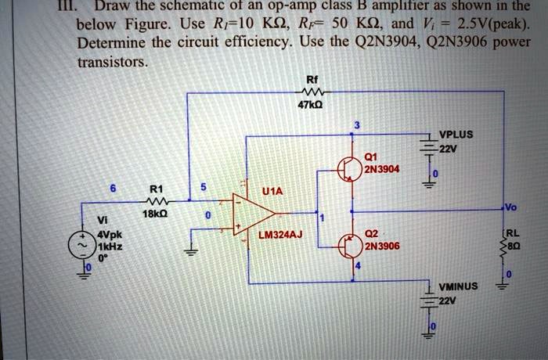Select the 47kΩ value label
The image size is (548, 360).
(x=312, y=103)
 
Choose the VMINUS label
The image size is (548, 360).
(x=458, y=286)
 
